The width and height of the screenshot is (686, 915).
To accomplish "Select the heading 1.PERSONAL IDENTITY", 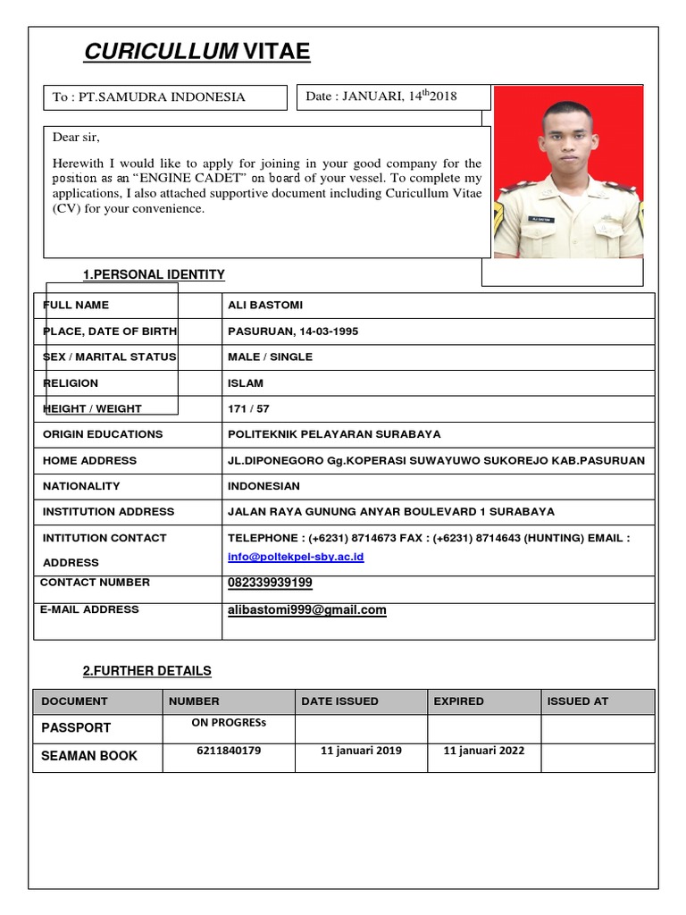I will pos(154,274).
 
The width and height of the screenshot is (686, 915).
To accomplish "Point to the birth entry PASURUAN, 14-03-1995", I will pos(293,331).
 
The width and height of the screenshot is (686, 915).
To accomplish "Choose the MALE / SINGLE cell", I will pos(270,357).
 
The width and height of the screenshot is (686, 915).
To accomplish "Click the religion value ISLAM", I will pos(246,383).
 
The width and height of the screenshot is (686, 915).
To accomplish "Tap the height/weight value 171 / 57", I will pos(248,408).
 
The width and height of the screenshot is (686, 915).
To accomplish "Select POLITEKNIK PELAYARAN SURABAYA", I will pos(334,434).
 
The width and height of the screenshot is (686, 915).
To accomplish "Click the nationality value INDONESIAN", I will pos(264,486).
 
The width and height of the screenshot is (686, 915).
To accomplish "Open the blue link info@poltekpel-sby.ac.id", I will pos(296,557).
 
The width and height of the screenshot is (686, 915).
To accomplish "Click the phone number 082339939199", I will pos(270,583).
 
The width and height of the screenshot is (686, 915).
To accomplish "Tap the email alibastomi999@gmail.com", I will pos(307,609).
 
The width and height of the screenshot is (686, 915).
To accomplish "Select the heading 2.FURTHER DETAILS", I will pos(146,670).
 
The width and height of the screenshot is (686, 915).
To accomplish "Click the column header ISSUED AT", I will pos(577,701).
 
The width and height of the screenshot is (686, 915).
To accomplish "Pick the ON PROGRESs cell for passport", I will pos(229,724).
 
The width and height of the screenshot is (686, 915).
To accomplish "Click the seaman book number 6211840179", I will pos(229,751).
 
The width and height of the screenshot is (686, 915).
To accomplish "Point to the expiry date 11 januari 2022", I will pos(483,751).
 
